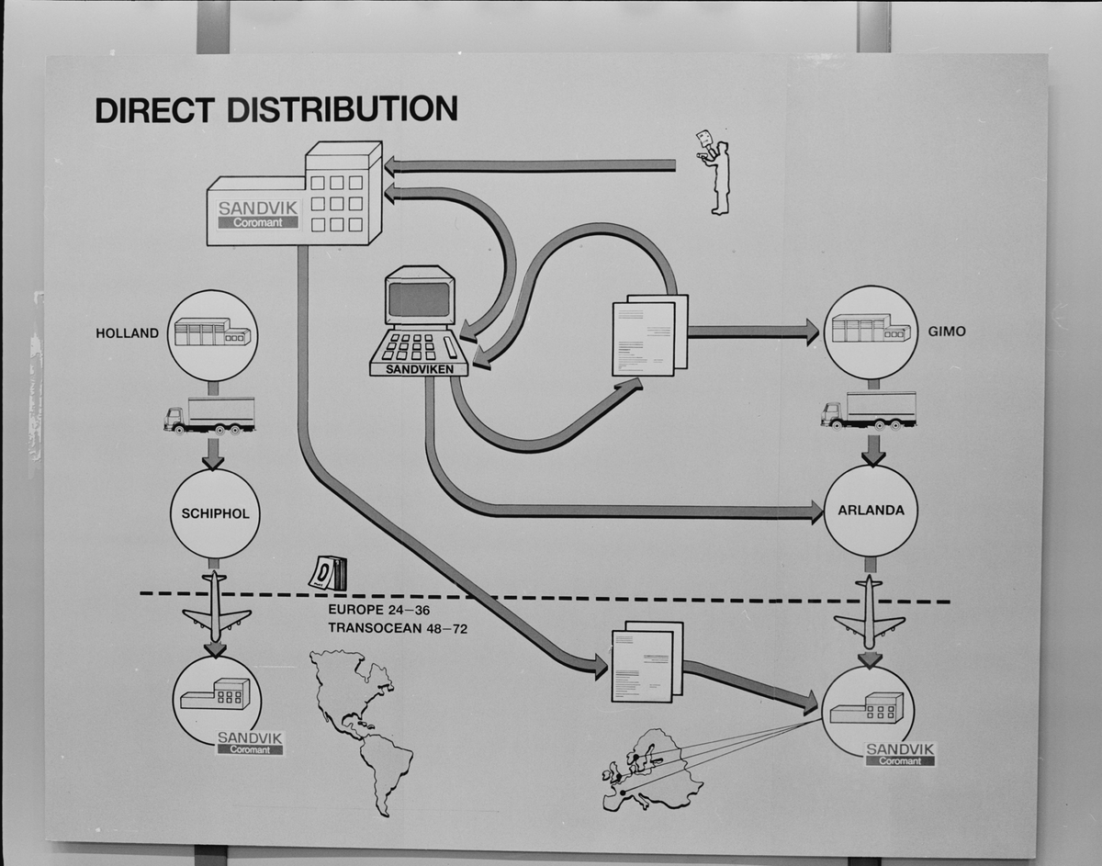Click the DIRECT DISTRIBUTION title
click(276, 109)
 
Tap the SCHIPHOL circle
click(215, 513)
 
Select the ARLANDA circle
click(871, 510)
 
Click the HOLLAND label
click(127, 333)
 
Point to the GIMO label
click(947, 331)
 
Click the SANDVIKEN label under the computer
click(419, 368)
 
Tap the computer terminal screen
click(420, 298)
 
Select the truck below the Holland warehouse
click(210, 415)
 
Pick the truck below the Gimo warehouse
click(869, 410)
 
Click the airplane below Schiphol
click(216, 607)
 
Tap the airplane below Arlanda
click(870, 612)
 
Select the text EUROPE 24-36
click(378, 609)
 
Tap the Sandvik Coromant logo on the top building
click(258, 214)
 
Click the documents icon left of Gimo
click(649, 334)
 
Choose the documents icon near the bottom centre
click(647, 662)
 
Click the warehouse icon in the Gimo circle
click(870, 329)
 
